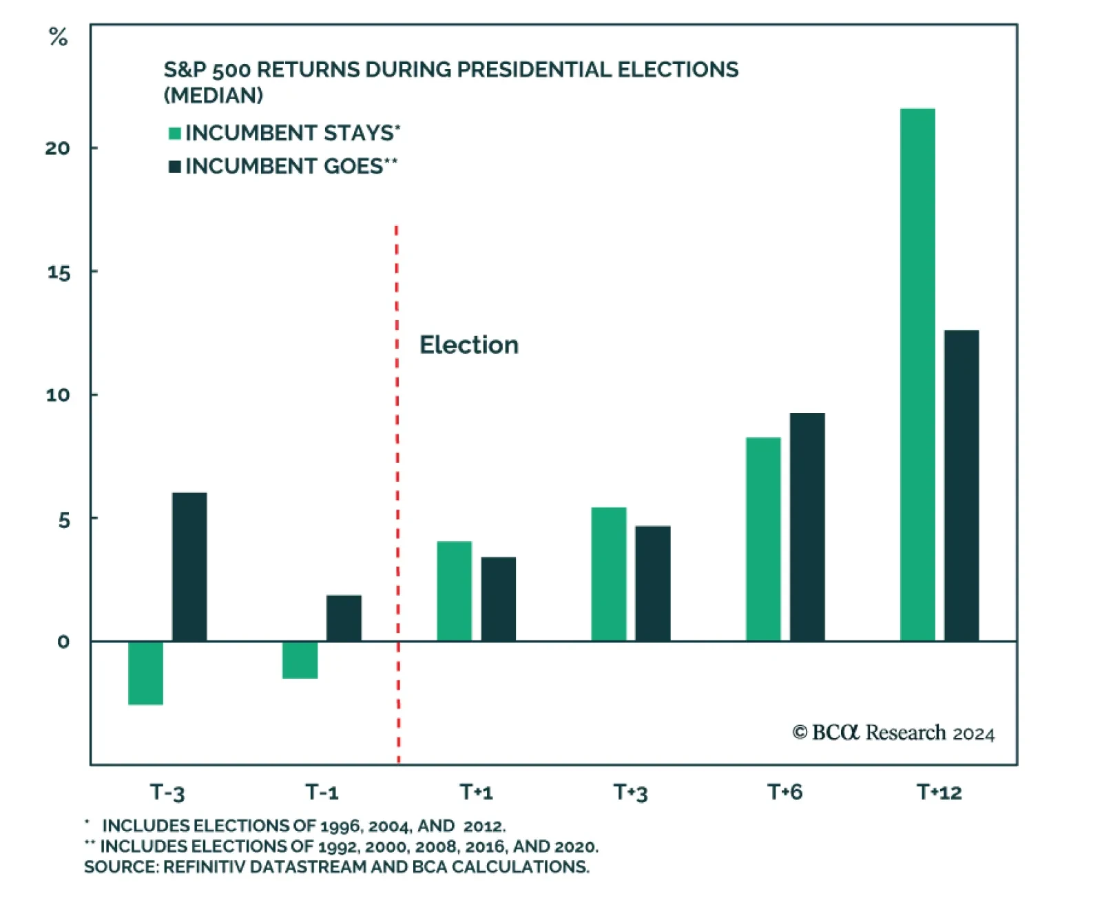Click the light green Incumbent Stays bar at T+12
917,375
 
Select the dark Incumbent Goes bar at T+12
961,485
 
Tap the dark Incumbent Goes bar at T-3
189,567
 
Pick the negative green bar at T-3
145,673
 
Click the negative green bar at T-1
300,660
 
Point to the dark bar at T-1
344,618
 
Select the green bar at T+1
455,591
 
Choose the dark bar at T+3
652,583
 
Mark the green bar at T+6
763,539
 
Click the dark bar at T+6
807,527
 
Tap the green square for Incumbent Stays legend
175,133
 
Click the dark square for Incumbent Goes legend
175,167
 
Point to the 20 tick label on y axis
58,148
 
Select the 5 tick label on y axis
64,520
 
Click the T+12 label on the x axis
939,792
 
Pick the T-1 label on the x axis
322,792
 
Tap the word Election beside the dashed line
469,345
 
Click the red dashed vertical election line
397,482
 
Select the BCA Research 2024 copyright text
893,733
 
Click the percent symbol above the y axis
59,37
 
